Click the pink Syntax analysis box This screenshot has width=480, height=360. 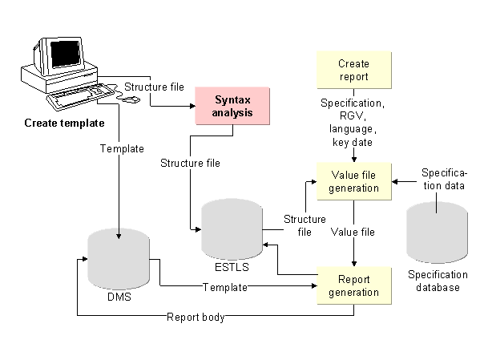coord(232,106)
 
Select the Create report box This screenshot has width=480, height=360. coord(354,70)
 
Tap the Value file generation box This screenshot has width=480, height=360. coord(354,181)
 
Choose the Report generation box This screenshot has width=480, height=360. coord(354,285)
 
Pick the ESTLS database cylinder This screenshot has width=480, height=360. coord(232,229)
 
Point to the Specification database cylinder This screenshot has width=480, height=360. coord(437,233)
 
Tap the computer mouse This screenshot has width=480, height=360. coord(132,99)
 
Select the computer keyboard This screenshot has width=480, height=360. coord(80,96)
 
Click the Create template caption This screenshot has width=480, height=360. coord(64,123)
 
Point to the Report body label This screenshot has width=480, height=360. coord(196,318)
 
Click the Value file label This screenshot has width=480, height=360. coord(353,232)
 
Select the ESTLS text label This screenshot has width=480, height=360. coord(232,267)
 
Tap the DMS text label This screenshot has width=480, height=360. coord(119,297)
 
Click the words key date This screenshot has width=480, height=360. coord(353,143)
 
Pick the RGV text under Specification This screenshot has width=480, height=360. coord(353,115)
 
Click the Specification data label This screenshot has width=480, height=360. coord(444,180)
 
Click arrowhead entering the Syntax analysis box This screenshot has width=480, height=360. coord(192,106)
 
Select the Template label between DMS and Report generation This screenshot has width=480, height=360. coord(225,287)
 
